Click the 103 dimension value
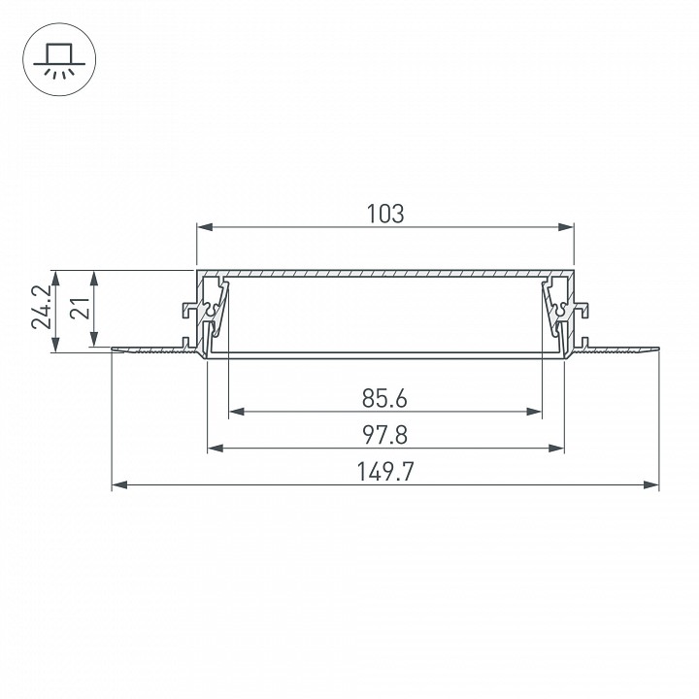385,213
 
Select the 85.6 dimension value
384,398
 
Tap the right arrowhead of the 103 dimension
569,228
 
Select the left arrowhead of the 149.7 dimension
117,484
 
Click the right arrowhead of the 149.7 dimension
654,484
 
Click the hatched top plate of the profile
385,273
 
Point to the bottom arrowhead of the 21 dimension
94,342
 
